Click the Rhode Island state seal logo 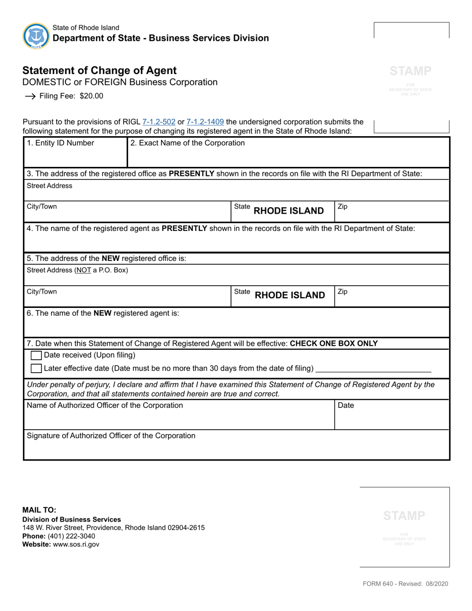36,35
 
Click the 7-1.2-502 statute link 159,122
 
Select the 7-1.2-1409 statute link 205,122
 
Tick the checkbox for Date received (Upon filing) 36,356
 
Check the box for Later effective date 36,369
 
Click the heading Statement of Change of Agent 99,71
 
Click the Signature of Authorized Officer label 111,436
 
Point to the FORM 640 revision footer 405,584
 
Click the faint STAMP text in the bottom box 404,516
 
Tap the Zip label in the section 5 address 342,292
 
